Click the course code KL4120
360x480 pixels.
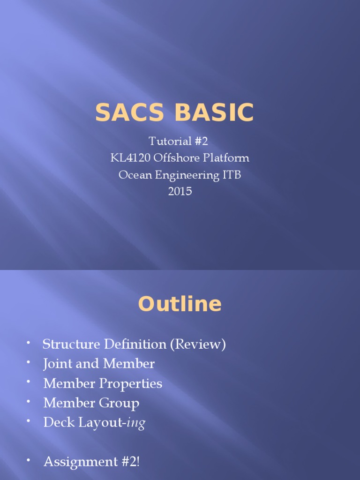[x=129, y=158]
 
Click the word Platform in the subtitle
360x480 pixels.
[x=227, y=158]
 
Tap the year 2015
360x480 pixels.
[x=180, y=191]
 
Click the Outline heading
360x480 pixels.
[x=180, y=305]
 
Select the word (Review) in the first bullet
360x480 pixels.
[x=198, y=345]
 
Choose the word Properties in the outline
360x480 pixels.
[x=131, y=383]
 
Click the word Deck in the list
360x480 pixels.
[x=56, y=423]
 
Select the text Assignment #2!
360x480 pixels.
[x=91, y=462]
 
